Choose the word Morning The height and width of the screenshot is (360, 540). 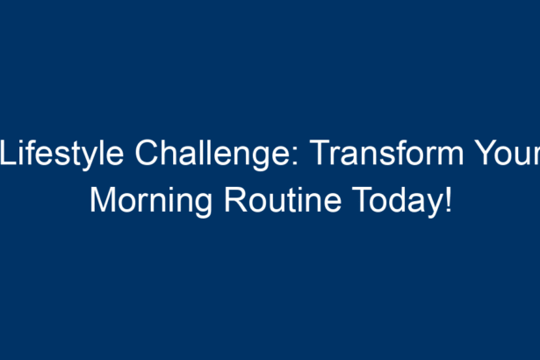pyautogui.click(x=151, y=202)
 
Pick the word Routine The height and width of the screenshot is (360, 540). pyautogui.click(x=283, y=200)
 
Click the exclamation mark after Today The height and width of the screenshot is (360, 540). pyautogui.click(x=448, y=200)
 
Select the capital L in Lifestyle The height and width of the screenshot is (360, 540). pyautogui.click(x=8, y=153)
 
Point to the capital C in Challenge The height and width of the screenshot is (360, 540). pyautogui.click(x=147, y=153)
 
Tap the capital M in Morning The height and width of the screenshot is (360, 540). pyautogui.click(x=103, y=200)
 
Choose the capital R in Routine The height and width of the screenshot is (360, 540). pyautogui.click(x=236, y=200)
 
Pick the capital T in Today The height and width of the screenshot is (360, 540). pyautogui.click(x=362, y=200)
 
